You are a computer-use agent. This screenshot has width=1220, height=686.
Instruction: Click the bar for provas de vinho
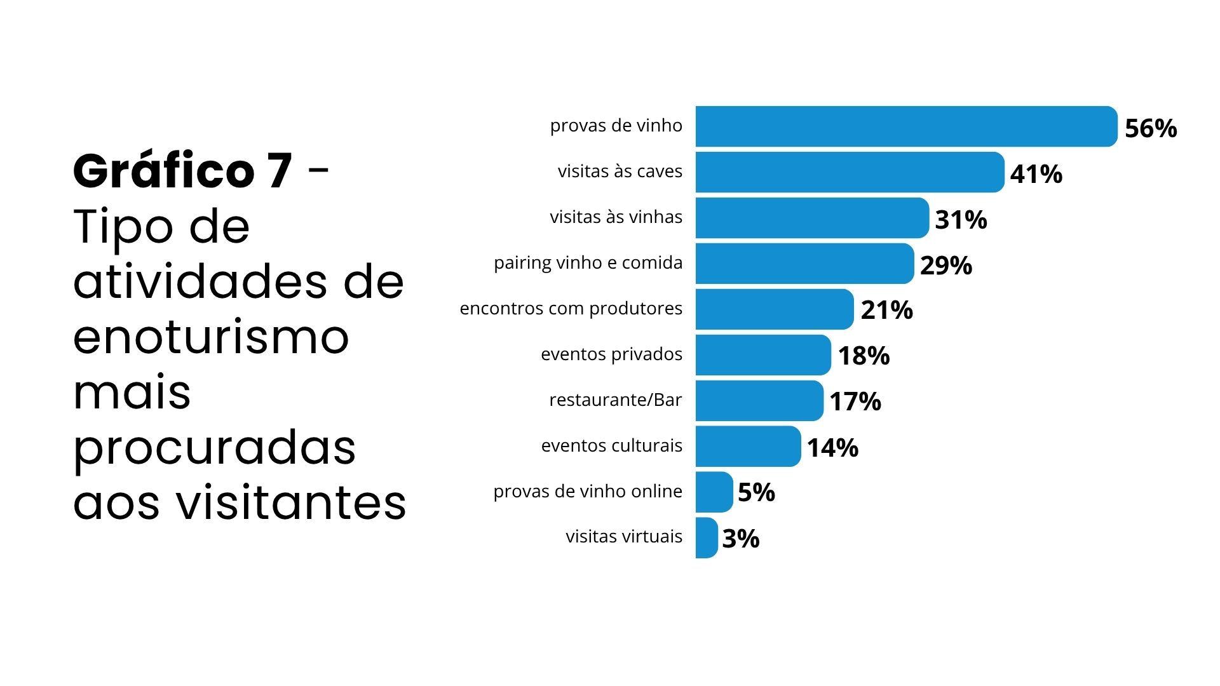click(905, 126)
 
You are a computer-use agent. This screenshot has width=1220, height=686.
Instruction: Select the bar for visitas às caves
click(850, 172)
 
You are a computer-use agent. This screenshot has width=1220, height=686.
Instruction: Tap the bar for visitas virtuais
click(707, 538)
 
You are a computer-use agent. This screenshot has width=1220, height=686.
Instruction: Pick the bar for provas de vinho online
click(714, 492)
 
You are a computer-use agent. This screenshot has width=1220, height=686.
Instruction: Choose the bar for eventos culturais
click(748, 447)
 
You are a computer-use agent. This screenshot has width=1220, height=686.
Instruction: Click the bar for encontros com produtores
click(774, 309)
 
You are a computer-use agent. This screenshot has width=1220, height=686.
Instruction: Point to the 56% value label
click(1150, 128)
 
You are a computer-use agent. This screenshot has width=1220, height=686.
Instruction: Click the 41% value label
click(1036, 174)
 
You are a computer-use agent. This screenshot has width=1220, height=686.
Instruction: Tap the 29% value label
click(945, 266)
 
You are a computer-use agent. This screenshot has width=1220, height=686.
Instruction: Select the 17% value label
click(855, 401)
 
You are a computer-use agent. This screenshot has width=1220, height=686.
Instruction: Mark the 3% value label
click(740, 539)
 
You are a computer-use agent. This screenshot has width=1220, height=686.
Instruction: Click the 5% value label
click(756, 492)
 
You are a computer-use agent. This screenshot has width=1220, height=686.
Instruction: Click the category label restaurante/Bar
click(615, 400)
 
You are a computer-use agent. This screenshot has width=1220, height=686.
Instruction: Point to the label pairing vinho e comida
click(588, 263)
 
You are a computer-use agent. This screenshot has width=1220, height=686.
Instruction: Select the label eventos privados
click(611, 354)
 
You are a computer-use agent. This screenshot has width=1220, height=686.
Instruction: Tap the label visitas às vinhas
click(616, 217)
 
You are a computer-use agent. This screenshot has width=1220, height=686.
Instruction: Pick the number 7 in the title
click(280, 171)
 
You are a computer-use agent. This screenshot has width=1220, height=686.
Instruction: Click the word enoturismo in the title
click(211, 337)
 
